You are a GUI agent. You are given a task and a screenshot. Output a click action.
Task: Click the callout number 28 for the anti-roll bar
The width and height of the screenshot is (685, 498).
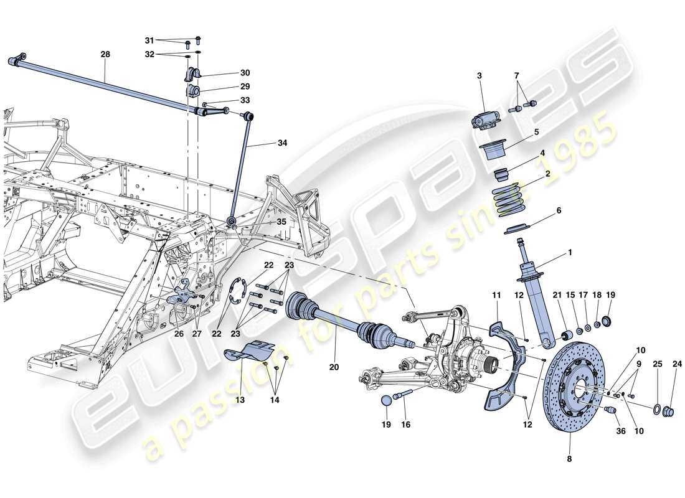(105, 55)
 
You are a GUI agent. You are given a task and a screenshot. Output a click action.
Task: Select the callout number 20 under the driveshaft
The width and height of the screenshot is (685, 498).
(334, 367)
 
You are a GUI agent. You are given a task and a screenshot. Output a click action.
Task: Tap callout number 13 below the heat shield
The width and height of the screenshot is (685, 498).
(240, 400)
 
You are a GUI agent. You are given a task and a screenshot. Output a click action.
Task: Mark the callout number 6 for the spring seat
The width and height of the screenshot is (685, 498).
(559, 211)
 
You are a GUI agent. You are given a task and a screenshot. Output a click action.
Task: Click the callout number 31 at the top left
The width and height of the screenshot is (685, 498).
(149, 40)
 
